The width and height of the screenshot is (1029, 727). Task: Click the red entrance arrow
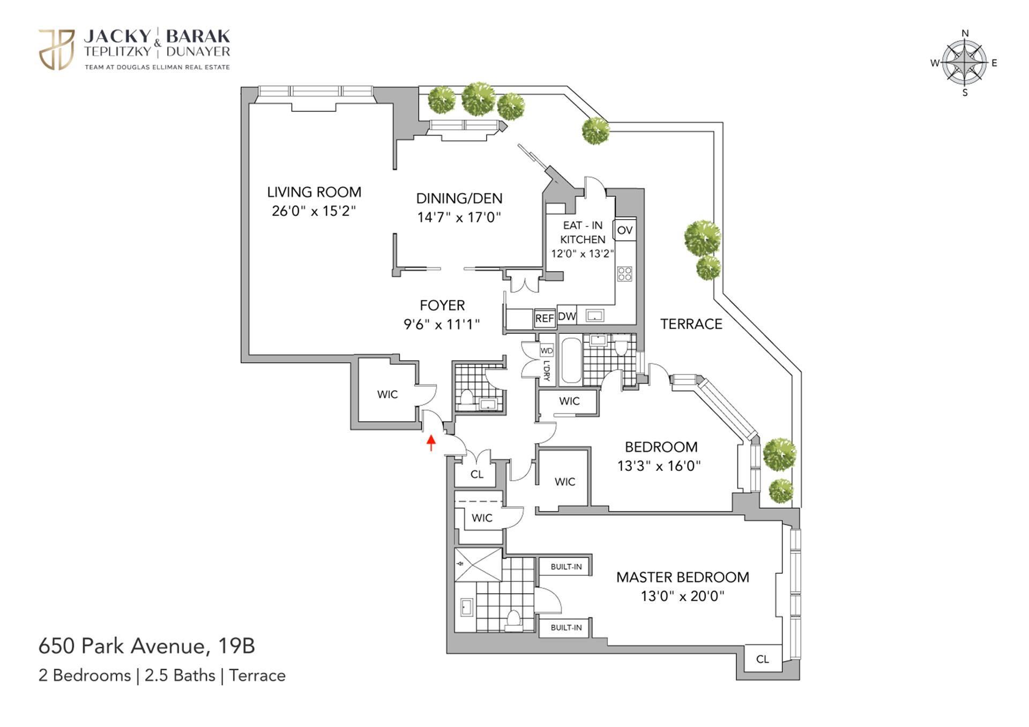[430, 443]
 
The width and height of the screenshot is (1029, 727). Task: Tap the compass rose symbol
[964, 63]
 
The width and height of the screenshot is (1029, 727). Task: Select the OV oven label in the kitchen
[624, 230]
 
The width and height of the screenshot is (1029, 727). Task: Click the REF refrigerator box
[545, 318]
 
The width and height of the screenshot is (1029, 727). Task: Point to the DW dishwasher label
[566, 316]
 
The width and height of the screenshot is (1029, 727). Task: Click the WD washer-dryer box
[547, 351]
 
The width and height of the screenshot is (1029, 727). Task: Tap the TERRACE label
[691, 324]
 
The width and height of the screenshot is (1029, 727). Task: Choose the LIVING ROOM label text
[314, 192]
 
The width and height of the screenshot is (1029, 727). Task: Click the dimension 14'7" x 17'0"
[459, 217]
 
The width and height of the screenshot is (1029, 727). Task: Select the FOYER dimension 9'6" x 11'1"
[442, 324]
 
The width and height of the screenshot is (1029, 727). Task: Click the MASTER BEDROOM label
[682, 577]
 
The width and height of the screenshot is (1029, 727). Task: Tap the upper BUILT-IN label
[566, 567]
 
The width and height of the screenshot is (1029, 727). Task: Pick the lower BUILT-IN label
[566, 627]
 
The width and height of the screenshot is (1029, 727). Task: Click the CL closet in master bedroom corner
[762, 659]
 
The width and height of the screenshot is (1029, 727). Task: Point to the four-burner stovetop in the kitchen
[625, 274]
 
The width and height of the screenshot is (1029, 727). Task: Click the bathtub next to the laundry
[571, 359]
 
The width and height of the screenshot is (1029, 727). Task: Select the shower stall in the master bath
[478, 564]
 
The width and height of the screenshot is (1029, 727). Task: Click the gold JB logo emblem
[56, 49]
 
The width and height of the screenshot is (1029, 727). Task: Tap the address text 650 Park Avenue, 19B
[146, 646]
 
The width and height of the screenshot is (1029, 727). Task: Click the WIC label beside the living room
[387, 394]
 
